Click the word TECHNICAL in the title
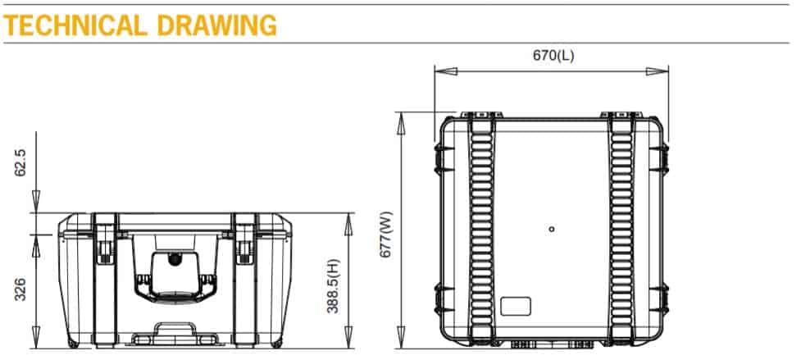[x=74, y=25]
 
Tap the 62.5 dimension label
[x=21, y=162]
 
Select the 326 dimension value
[x=21, y=289]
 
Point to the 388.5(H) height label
[x=332, y=280]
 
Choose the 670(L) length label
[x=553, y=56]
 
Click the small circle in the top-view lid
[x=552, y=229]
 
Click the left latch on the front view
[x=104, y=245]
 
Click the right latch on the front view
[x=244, y=245]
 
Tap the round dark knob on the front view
[x=174, y=261]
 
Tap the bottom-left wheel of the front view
[x=73, y=341]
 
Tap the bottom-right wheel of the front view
[x=276, y=341]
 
